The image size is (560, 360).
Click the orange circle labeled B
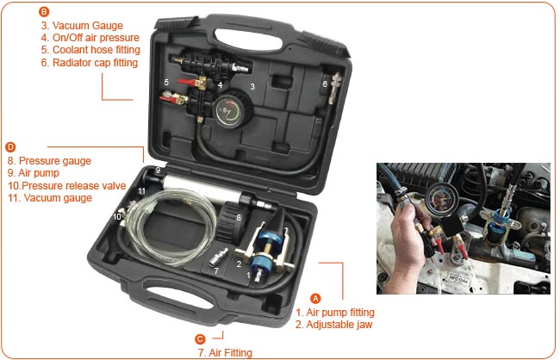click(x=44, y=12)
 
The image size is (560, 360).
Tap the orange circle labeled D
click(x=10, y=147)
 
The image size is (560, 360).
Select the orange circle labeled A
click(x=315, y=298)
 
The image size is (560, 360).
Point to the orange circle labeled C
click(x=200, y=339)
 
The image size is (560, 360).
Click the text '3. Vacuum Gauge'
click(x=82, y=26)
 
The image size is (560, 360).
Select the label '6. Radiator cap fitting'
click(x=90, y=63)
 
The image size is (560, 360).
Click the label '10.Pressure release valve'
click(x=67, y=186)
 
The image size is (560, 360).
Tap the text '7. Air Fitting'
click(x=225, y=353)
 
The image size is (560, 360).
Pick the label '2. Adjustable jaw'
click(x=334, y=325)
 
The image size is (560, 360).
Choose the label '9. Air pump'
click(x=34, y=173)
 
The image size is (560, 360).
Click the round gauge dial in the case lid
click(x=227, y=111)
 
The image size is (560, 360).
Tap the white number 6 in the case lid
click(x=325, y=84)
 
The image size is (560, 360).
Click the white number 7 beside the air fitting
click(x=216, y=271)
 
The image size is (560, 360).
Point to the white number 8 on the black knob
click(x=238, y=217)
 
